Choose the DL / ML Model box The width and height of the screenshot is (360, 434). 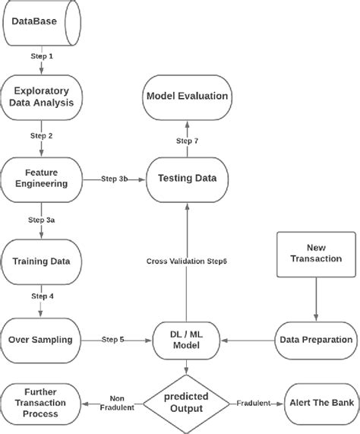coord(186,340)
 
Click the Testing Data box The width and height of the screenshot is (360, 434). coord(186,178)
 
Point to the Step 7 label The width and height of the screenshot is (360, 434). coord(188,141)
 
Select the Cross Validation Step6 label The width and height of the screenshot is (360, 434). coord(187,261)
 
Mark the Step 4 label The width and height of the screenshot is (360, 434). coord(41,296)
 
